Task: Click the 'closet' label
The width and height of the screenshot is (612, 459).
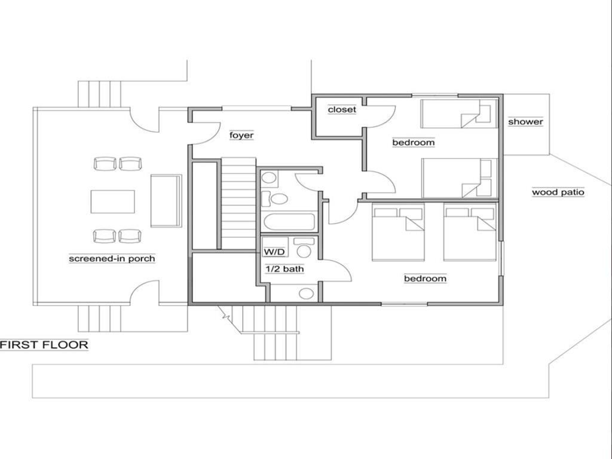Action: pyautogui.click(x=342, y=109)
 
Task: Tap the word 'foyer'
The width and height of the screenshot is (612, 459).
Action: pyautogui.click(x=241, y=136)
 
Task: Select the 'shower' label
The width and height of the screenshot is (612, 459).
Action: pyautogui.click(x=525, y=122)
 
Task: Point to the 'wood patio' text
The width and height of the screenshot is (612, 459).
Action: pyautogui.click(x=558, y=192)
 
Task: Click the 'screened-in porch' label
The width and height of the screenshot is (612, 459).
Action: pyautogui.click(x=112, y=259)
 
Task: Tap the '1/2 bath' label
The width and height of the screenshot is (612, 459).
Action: pyautogui.click(x=284, y=269)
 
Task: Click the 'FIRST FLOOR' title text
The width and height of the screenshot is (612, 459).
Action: pyautogui.click(x=44, y=345)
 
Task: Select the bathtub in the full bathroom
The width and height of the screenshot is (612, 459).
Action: pyautogui.click(x=289, y=222)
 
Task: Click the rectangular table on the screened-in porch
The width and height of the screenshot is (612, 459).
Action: pyautogui.click(x=112, y=201)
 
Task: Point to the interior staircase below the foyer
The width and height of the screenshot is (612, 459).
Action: pyautogui.click(x=238, y=203)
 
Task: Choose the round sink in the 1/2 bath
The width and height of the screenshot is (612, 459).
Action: pyautogui.click(x=307, y=293)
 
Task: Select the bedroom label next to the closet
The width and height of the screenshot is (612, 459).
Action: pyautogui.click(x=413, y=142)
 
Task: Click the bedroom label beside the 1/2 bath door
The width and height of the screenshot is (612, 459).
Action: pyautogui.click(x=425, y=279)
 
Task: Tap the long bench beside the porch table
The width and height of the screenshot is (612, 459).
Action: pyautogui.click(x=166, y=201)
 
